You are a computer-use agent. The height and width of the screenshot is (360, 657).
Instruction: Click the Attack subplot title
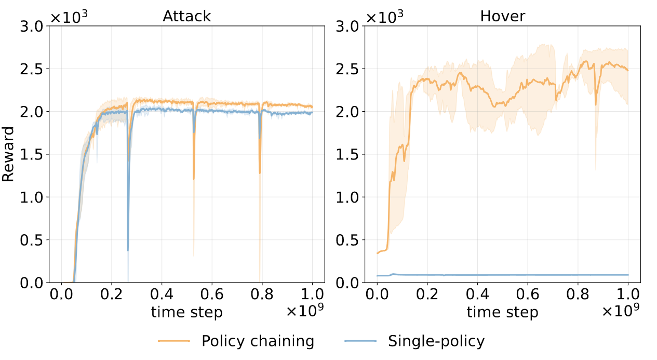coord(187,16)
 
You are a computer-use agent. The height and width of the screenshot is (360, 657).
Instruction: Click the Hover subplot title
coord(502,16)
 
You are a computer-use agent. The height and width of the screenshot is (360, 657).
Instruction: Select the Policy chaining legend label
coord(258,341)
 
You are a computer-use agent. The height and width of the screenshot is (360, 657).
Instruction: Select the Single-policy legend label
coord(436,341)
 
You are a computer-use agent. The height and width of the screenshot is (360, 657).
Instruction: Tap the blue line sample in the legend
coord(360,342)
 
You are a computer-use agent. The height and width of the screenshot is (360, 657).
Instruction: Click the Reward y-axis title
coord(8,154)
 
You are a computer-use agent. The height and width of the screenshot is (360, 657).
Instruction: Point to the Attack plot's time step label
coord(187,312)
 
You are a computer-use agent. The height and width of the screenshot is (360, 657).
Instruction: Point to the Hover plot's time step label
coord(502,312)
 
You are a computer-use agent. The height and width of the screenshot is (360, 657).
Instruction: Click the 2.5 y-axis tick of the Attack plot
coord(32,69)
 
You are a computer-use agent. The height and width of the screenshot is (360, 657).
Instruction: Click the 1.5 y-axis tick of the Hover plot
coord(348,154)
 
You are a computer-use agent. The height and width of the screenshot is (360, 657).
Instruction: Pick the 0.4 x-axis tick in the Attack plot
coord(162,296)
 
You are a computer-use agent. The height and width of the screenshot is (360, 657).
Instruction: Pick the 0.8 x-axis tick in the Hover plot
coord(578,296)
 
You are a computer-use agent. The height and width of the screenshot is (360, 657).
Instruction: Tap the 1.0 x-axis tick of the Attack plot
coord(312,296)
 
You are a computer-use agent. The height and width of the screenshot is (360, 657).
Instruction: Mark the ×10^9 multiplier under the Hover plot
coord(621,311)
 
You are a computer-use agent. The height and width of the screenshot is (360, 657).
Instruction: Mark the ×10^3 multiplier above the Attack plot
coord(69,17)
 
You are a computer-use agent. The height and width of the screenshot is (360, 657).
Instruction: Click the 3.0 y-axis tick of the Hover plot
coord(348,26)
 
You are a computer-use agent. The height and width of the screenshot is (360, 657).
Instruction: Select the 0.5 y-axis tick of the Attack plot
coord(32,240)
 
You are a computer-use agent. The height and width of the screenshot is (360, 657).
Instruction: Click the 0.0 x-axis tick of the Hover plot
coord(377,296)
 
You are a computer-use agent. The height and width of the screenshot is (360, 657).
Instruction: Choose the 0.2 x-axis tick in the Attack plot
coord(112,296)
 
